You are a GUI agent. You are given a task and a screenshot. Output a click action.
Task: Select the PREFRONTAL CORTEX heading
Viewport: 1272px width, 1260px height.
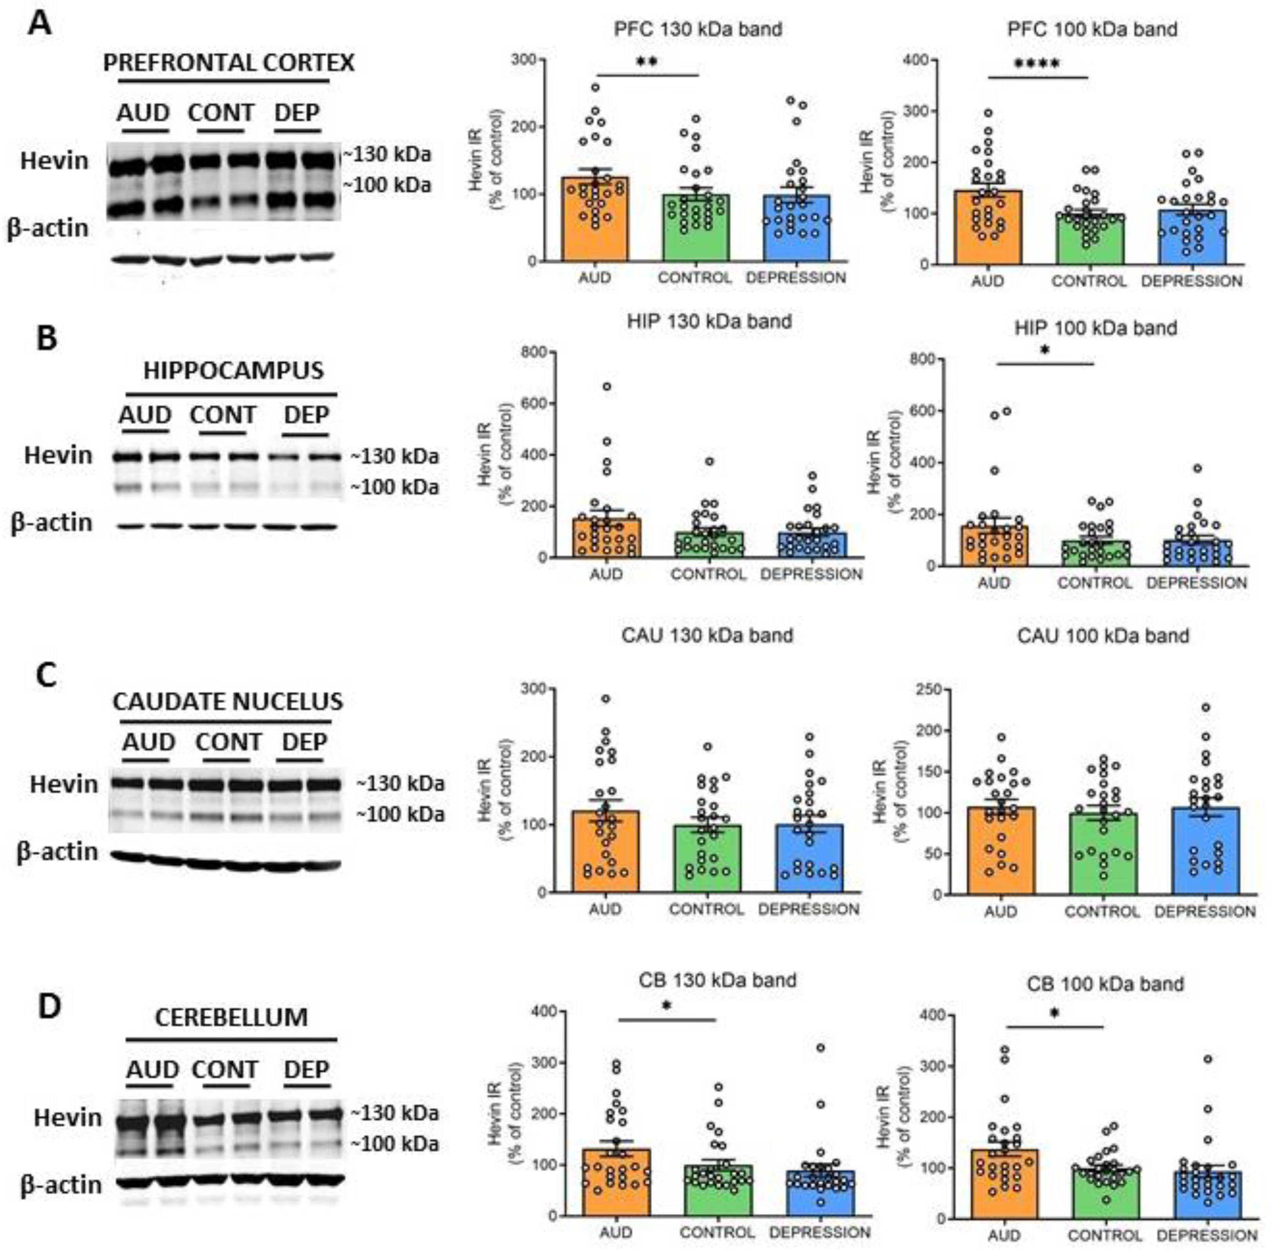click(x=228, y=63)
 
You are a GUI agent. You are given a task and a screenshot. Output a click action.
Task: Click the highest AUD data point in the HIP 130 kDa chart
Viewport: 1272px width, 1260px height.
click(x=607, y=386)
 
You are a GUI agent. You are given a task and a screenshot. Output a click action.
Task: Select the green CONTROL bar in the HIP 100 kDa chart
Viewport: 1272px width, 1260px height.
click(x=1095, y=553)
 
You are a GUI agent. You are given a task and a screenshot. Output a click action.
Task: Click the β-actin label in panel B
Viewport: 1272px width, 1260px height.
click(x=51, y=522)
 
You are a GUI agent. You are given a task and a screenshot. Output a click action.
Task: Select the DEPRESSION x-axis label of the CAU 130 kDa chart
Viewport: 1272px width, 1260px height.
click(x=808, y=909)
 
